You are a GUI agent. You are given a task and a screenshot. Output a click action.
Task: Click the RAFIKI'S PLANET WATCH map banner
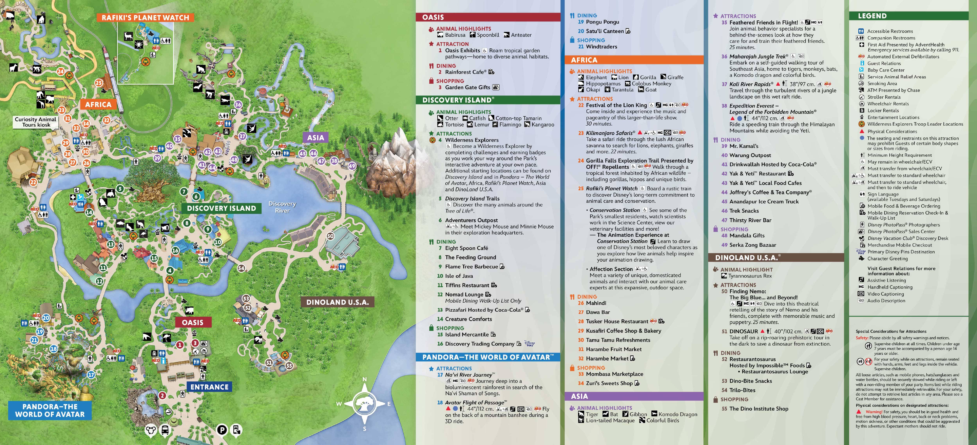click(x=145, y=17)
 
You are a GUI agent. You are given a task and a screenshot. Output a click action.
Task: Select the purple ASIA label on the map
click(x=316, y=138)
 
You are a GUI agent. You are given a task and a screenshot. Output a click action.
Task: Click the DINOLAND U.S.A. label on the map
click(x=337, y=302)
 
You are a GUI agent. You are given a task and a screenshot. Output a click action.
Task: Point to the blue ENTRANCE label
click(x=209, y=387)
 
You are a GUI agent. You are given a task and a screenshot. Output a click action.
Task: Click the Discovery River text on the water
click(x=282, y=207)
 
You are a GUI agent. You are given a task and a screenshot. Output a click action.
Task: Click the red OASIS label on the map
click(x=193, y=322)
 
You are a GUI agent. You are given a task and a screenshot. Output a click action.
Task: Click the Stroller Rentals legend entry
click(x=884, y=97)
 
